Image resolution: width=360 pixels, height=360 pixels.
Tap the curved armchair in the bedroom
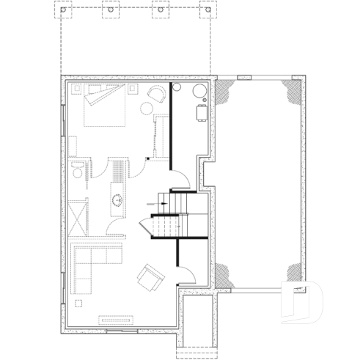pos(158,92)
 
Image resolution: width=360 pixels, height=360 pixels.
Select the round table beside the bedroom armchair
pos(147,109)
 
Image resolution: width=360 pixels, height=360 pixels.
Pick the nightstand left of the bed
pos(76,89)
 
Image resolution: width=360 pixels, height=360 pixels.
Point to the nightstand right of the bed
pos(135,89)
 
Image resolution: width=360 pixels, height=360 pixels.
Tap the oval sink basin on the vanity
pos(117,199)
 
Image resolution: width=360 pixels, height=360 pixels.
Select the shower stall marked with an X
pos(77,216)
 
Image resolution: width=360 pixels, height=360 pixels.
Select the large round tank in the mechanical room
pos(198,91)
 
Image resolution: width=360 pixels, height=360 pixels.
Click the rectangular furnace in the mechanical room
pos(201,112)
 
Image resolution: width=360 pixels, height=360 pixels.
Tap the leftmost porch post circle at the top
pos(64,10)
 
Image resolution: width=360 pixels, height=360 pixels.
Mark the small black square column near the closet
pos(147,158)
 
